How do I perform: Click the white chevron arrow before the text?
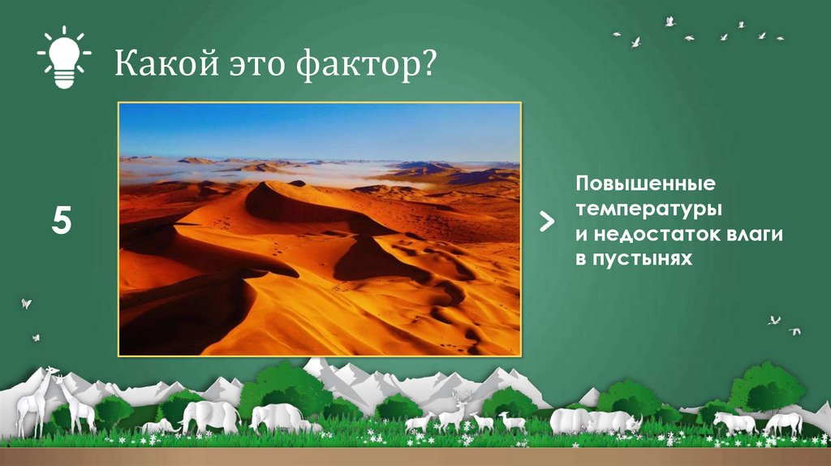coord(548,222)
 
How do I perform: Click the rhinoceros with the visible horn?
coord(617,421)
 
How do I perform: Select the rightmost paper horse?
coord(783,422)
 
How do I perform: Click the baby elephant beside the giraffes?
coord(159,425)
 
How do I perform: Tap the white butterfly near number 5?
coord(26,304)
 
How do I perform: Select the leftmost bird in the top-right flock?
coord(617,34)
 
